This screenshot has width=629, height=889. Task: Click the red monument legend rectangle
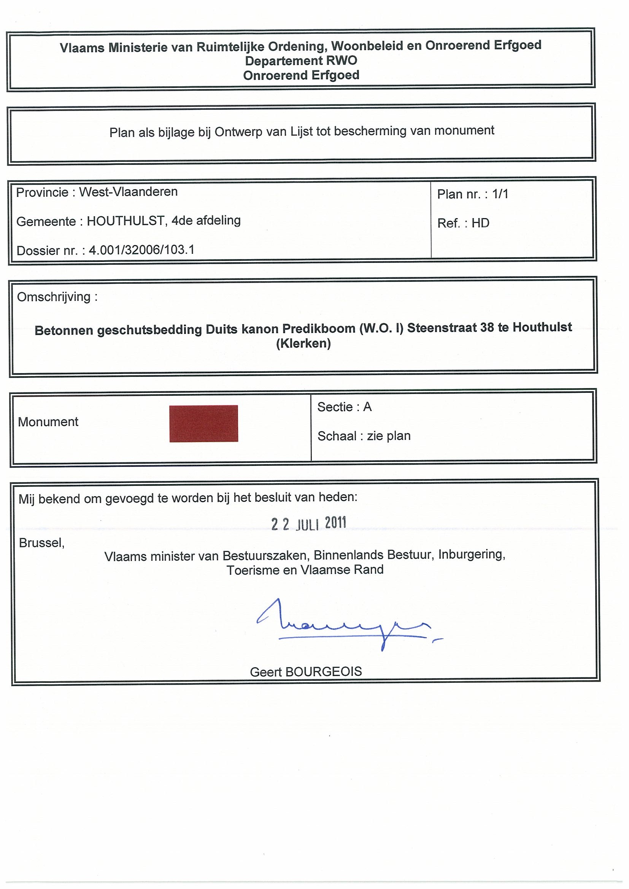pos(203,423)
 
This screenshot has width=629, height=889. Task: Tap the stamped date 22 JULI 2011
pos(308,524)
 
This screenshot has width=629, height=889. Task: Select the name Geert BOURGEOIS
pos(306,671)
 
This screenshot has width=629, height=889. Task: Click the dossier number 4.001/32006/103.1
pos(141,250)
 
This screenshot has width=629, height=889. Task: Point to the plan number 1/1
pos(500,194)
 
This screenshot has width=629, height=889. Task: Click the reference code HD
pos(480,223)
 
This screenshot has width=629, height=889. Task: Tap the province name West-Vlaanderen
pos(128,191)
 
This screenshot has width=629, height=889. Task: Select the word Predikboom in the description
pos(318,329)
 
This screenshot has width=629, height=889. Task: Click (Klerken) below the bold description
pos(303,343)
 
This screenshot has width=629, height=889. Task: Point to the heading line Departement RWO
pos(301,61)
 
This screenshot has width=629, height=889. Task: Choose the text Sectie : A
pos(344,407)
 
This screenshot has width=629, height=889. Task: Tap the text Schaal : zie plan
pos(364,436)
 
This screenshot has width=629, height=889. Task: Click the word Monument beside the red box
pos(48,422)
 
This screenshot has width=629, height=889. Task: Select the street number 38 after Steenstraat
pos(488,327)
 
